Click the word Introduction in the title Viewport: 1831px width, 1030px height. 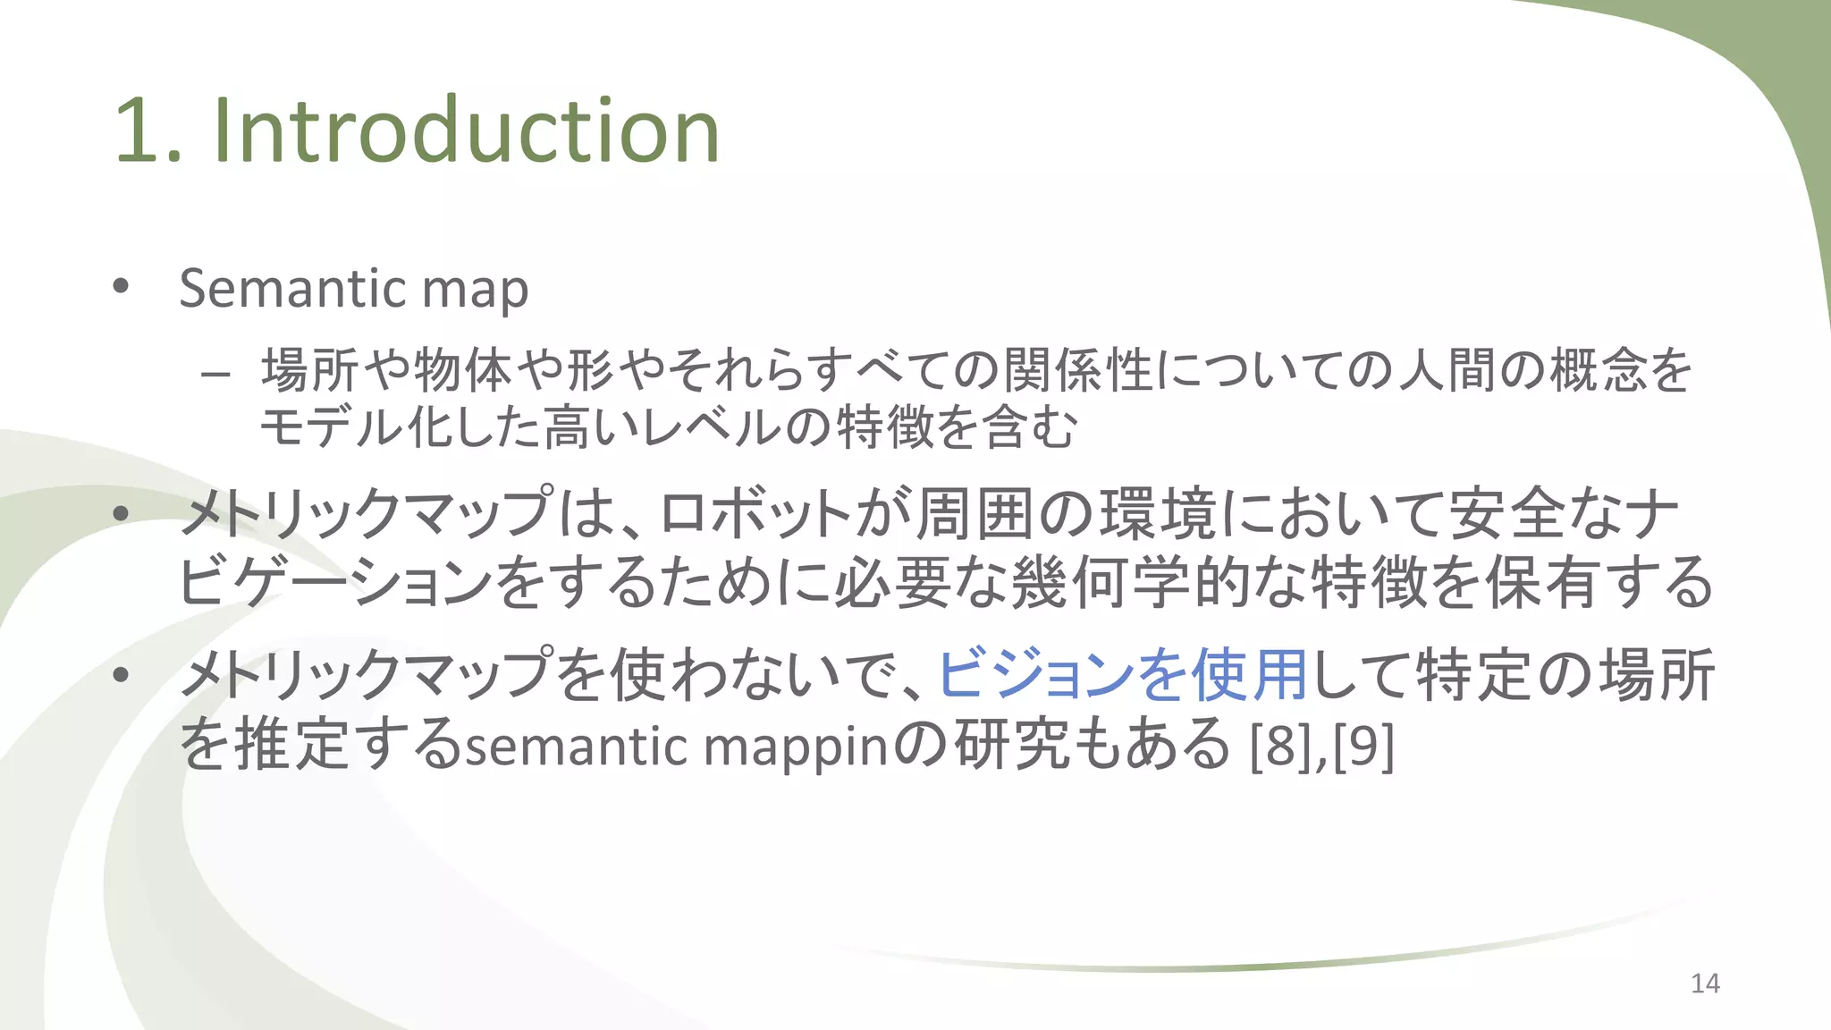pyautogui.click(x=466, y=131)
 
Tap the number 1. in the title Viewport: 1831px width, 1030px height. pyautogui.click(x=148, y=133)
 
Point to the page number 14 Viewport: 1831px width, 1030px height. pyautogui.click(x=1705, y=984)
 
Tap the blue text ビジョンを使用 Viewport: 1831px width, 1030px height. pyautogui.click(x=1122, y=675)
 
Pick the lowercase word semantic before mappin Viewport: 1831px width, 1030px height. pyautogui.click(x=577, y=746)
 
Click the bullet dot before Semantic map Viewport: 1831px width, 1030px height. pyautogui.click(x=121, y=287)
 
